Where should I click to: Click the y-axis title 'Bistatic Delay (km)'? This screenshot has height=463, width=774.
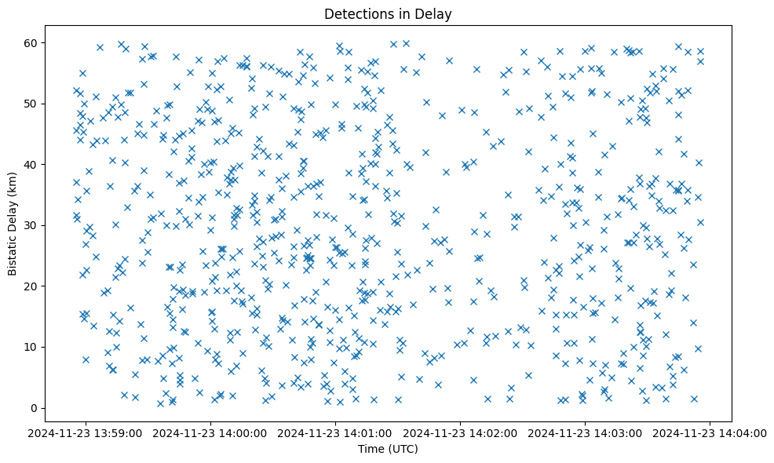pos(13,225)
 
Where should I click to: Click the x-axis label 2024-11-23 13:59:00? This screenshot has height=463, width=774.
pos(86,432)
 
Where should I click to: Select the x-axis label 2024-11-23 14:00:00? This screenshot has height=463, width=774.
pos(211,432)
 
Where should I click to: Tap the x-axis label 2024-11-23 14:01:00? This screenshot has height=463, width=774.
pos(336,432)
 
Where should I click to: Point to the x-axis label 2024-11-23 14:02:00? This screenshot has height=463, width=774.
pos(461,432)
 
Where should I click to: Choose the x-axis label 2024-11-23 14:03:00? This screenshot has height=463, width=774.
pos(586,432)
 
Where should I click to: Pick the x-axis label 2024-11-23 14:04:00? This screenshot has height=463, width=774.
pos(710,432)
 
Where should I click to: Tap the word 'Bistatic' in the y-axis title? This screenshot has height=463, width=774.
pos(13,250)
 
